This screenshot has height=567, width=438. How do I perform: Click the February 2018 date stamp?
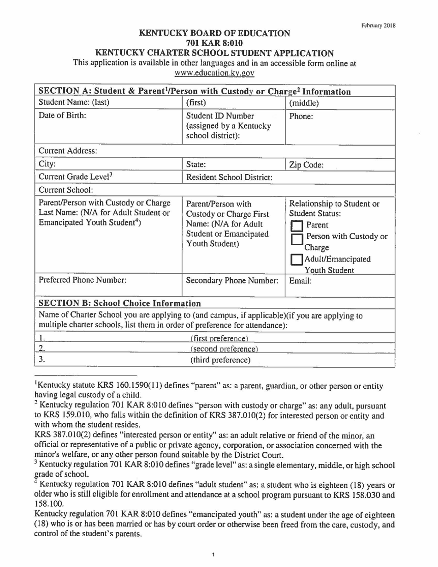tap(378, 25)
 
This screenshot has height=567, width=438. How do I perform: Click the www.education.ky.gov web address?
tap(215, 73)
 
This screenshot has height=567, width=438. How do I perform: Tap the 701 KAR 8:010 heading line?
tap(215, 43)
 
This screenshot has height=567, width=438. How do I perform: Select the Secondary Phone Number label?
tap(232, 280)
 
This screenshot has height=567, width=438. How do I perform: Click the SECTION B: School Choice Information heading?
tap(120, 303)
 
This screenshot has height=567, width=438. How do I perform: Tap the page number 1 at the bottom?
tap(215, 555)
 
